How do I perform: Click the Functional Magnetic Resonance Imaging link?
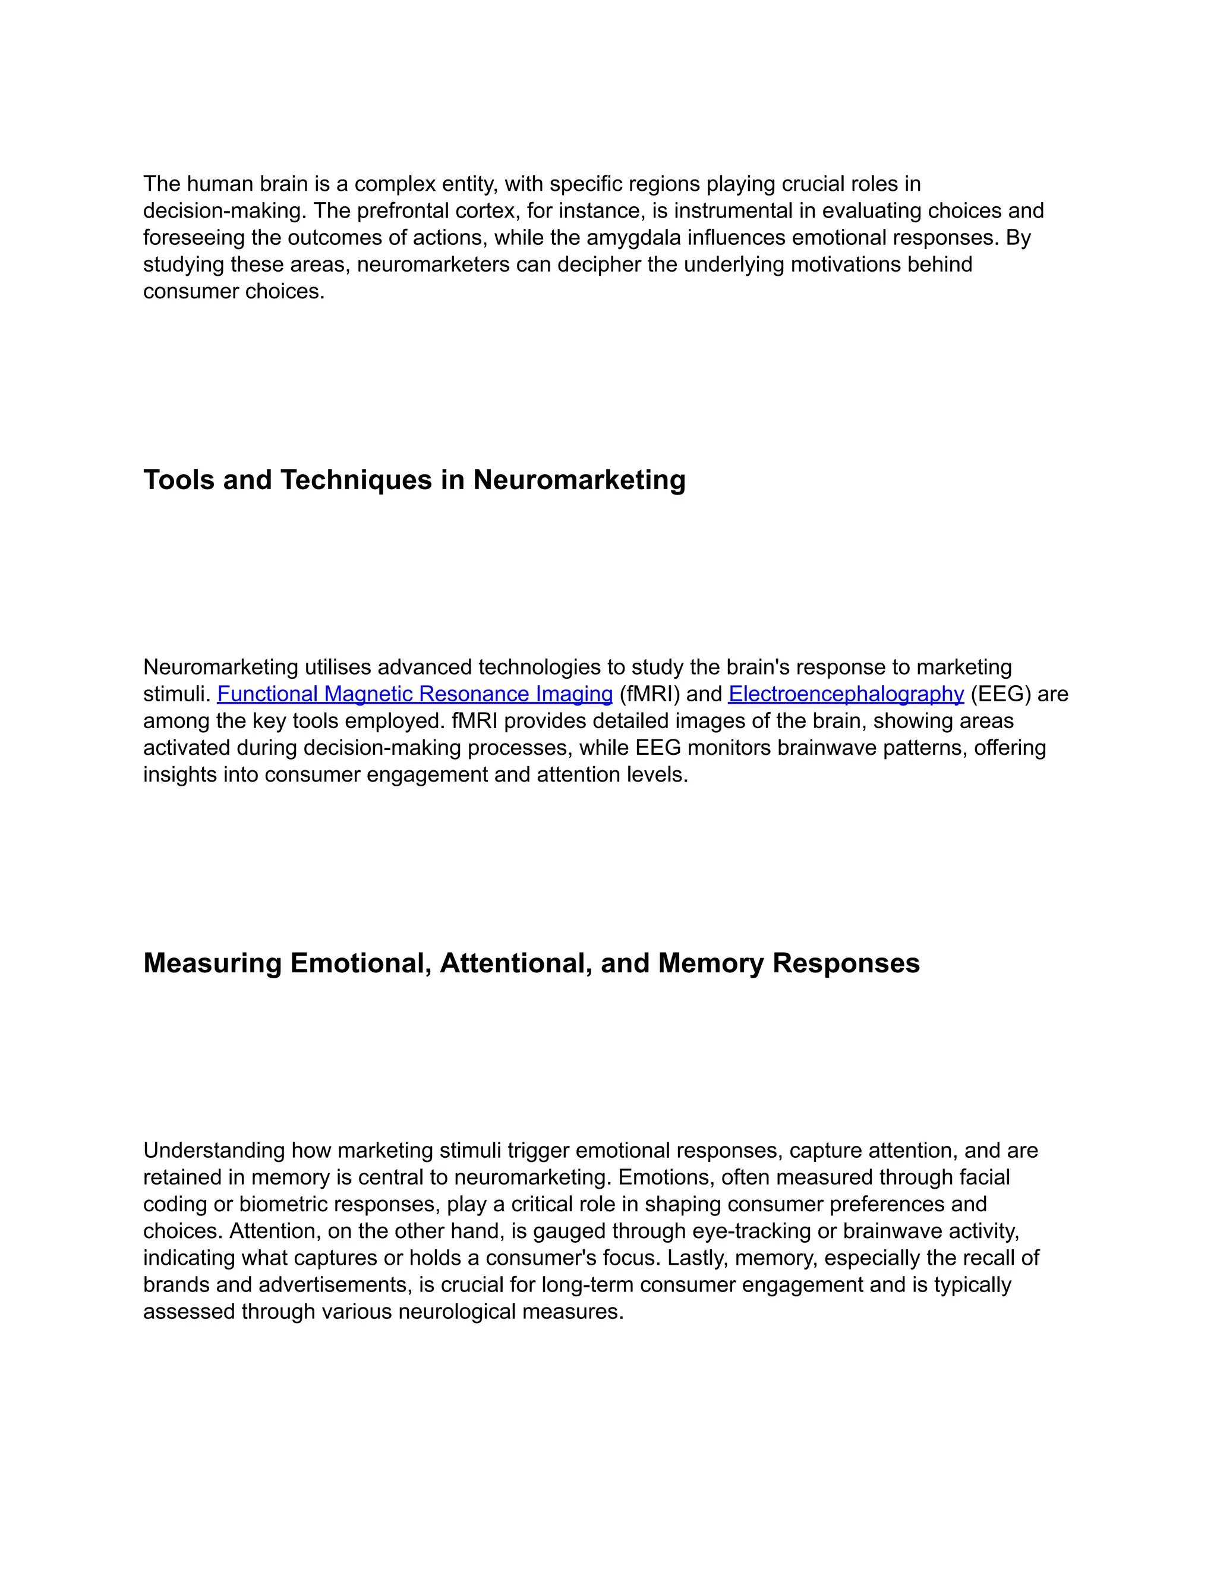point(415,694)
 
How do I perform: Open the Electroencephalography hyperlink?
point(846,694)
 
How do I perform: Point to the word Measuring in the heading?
point(213,963)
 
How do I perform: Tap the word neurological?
point(457,1311)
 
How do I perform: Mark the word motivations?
point(846,264)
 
